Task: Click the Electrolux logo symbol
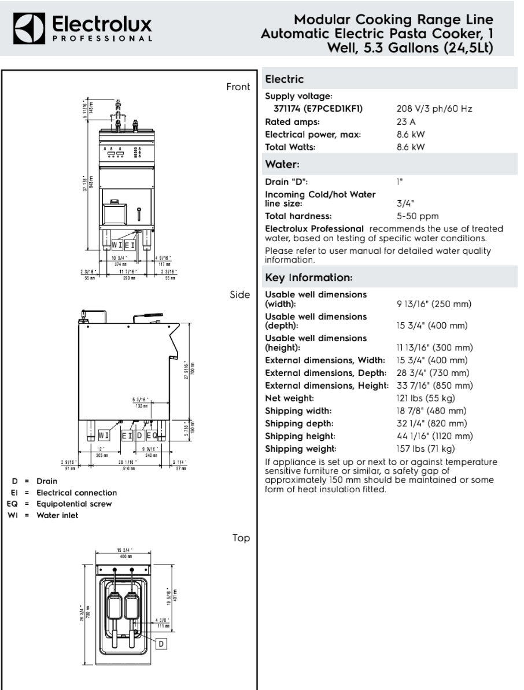29,28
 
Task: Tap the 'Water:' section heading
282,165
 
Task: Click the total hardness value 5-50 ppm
418,216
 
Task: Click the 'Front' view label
238,87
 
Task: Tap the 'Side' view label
240,294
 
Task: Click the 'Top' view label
241,538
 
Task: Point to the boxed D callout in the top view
161,643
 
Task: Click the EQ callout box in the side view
152,436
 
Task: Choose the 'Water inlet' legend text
57,515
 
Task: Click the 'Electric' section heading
284,79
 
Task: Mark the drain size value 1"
399,182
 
